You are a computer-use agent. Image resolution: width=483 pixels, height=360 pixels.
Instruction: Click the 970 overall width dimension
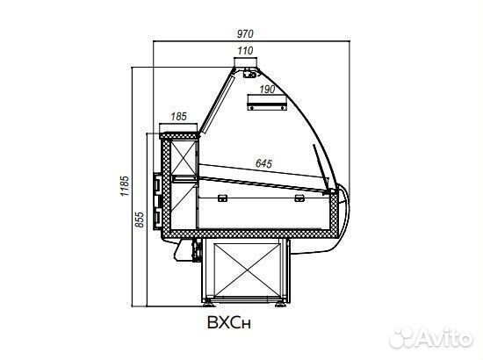pos(245,33)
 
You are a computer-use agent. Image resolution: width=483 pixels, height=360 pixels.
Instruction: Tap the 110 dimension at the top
pos(245,51)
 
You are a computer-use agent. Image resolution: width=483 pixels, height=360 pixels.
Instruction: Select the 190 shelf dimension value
pos(267,90)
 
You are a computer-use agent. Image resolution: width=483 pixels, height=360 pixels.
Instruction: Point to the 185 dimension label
pos(178,117)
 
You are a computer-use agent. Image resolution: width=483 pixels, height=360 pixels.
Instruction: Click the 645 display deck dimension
pos(264,163)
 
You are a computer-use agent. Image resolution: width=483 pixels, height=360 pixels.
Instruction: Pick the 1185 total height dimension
pos(124,186)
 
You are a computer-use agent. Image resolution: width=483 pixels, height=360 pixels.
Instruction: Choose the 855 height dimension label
pos(140,220)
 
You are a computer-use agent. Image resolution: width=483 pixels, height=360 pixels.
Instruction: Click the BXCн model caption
pos(229,322)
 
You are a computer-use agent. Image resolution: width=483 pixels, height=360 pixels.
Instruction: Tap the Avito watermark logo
pos(431,338)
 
